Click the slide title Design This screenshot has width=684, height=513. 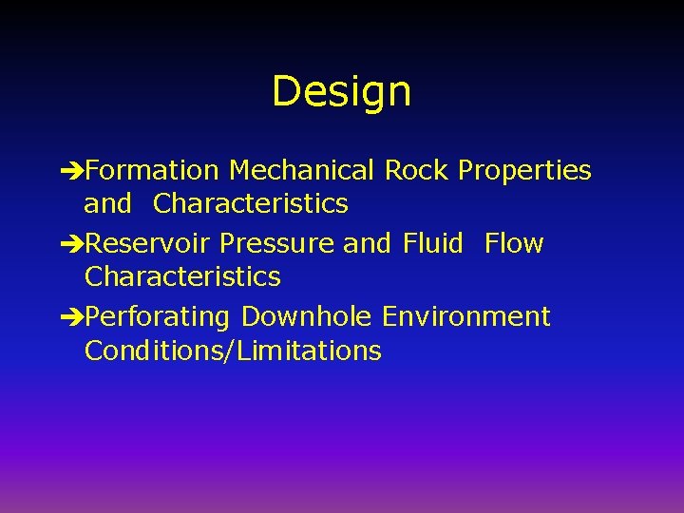(x=341, y=92)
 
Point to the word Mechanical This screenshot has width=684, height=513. (x=302, y=171)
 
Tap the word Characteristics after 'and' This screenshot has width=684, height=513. (x=251, y=203)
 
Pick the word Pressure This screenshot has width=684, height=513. (x=277, y=244)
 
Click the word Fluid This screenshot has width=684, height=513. (x=433, y=243)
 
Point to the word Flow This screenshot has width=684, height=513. (x=514, y=243)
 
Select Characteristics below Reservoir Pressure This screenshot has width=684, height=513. (x=182, y=276)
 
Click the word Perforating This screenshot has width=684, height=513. (x=158, y=317)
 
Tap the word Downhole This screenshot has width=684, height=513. (x=307, y=316)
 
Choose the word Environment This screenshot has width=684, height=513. (x=466, y=316)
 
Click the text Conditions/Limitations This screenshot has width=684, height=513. (x=233, y=351)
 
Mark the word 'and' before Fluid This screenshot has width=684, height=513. (x=367, y=244)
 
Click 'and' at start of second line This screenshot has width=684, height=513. (x=107, y=203)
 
